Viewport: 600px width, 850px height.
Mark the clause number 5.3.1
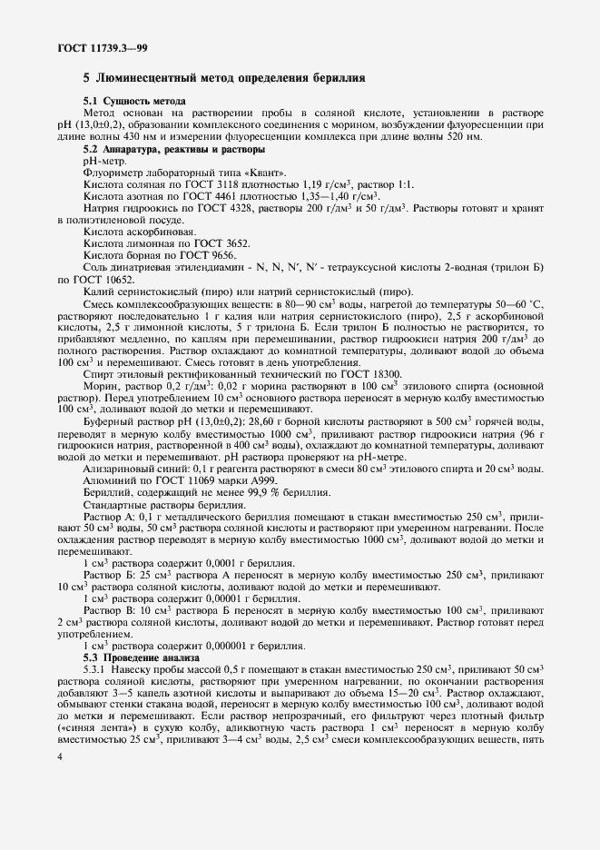95,668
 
